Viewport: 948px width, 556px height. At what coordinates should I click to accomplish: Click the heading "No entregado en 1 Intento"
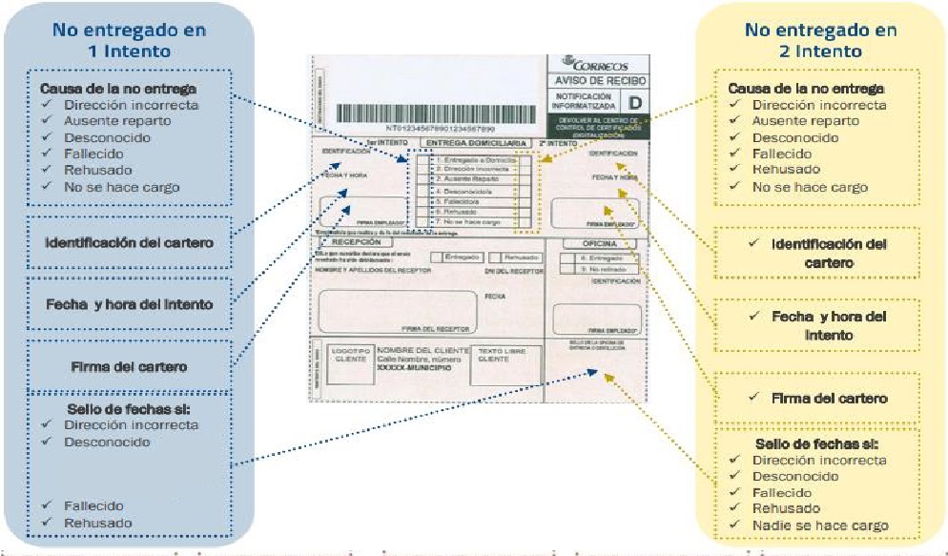pyautogui.click(x=129, y=40)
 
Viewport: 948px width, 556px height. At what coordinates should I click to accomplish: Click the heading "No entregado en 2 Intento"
pyautogui.click(x=820, y=40)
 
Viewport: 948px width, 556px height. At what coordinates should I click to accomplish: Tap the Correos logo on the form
pyautogui.click(x=597, y=65)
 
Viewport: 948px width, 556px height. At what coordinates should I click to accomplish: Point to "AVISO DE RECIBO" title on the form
pyautogui.click(x=597, y=81)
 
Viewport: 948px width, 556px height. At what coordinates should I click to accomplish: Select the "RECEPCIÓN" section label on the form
pyautogui.click(x=355, y=243)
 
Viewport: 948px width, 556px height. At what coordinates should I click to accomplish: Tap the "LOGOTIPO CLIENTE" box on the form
pyautogui.click(x=348, y=355)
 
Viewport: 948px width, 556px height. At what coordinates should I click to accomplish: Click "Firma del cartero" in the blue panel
pyautogui.click(x=130, y=366)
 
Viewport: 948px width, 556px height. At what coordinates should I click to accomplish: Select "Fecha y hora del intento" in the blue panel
pyautogui.click(x=131, y=304)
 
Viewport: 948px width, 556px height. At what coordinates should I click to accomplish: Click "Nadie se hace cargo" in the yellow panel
pyautogui.click(x=820, y=525)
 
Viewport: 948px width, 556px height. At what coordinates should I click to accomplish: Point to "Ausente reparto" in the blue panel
pyautogui.click(x=117, y=121)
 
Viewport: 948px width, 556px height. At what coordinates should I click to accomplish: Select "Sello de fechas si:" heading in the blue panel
pyautogui.click(x=130, y=409)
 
